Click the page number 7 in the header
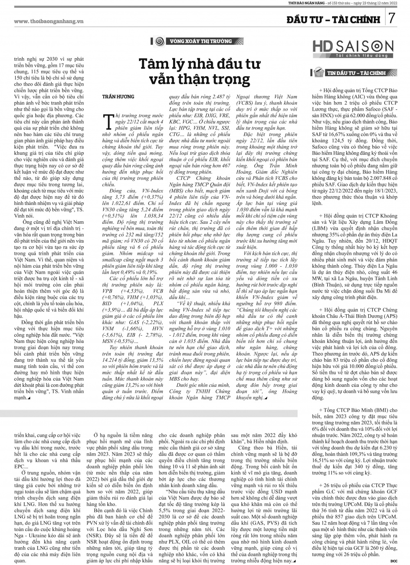coord(392,18)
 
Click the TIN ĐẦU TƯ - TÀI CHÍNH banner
coord(356,73)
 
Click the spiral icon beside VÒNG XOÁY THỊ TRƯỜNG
coord(160,41)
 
